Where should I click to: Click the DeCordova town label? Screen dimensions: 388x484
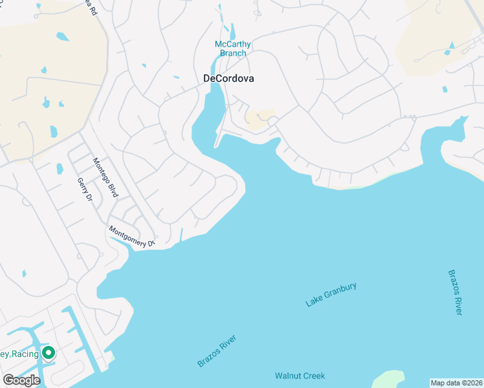pos(228,78)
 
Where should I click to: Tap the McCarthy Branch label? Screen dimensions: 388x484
pos(233,48)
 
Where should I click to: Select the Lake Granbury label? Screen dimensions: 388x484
pos(331,295)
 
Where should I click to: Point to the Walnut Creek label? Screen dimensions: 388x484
pos(300,376)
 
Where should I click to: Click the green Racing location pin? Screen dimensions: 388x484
pos(48,352)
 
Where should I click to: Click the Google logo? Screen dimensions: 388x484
pos(21,380)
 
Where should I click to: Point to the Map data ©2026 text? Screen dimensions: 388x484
pos(456,383)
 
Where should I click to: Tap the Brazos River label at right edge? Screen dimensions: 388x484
pos(456,292)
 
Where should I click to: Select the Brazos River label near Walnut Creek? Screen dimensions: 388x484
pos(217,351)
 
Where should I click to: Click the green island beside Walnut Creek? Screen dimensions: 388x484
pos(388,380)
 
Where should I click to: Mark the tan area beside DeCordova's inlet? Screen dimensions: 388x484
pos(259,118)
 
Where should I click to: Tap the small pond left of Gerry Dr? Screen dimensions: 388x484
pos(60,169)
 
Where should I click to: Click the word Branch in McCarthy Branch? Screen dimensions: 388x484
pos(233,53)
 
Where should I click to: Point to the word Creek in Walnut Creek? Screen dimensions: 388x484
pos(314,376)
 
